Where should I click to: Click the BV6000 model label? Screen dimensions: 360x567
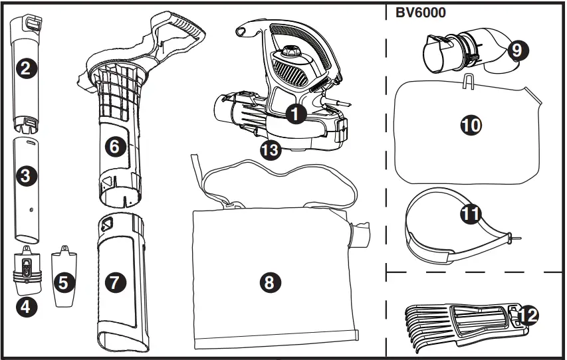pos(420,13)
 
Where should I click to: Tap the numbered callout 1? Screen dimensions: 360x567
pos(295,114)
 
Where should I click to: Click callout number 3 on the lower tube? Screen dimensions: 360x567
pos(25,175)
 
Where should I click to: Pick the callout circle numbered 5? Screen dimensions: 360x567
pos(63,282)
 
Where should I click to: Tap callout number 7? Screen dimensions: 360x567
pos(115,282)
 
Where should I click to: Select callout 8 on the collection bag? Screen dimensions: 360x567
pos(269,282)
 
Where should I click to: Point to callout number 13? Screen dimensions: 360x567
pos(271,150)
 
